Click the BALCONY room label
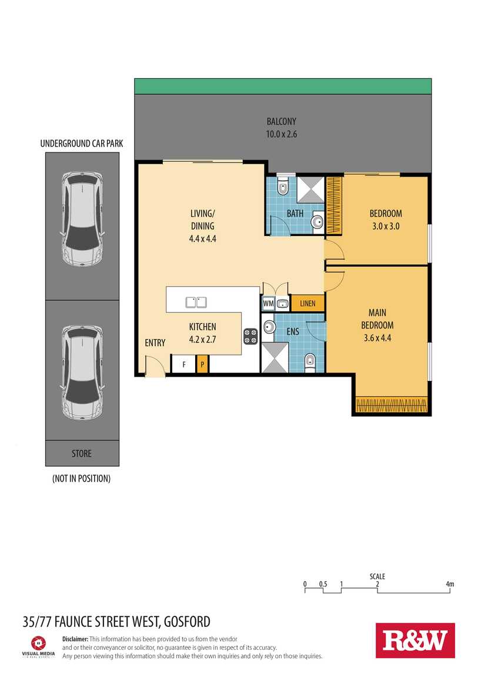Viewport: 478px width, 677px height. point(281,121)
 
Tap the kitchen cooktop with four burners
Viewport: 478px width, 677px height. point(251,336)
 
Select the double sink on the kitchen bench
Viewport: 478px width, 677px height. point(196,302)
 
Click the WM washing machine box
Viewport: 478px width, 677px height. point(268,304)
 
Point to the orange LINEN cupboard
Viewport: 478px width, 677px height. point(307,303)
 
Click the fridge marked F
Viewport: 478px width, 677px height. point(184,364)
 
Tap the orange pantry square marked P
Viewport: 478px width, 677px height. point(202,364)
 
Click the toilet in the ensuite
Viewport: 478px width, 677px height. point(310,363)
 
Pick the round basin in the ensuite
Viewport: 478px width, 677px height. point(269,327)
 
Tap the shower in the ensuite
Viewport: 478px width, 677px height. point(275,358)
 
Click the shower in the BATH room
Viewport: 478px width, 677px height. point(310,190)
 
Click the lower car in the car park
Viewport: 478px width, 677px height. point(82,373)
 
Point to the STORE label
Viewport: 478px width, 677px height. point(82,453)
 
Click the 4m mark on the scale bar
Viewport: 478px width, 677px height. point(450,584)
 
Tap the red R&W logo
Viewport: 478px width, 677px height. point(415,641)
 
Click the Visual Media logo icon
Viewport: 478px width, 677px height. point(38,643)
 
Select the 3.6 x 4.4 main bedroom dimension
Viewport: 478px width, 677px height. point(377,338)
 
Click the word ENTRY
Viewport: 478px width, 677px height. point(155,343)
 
